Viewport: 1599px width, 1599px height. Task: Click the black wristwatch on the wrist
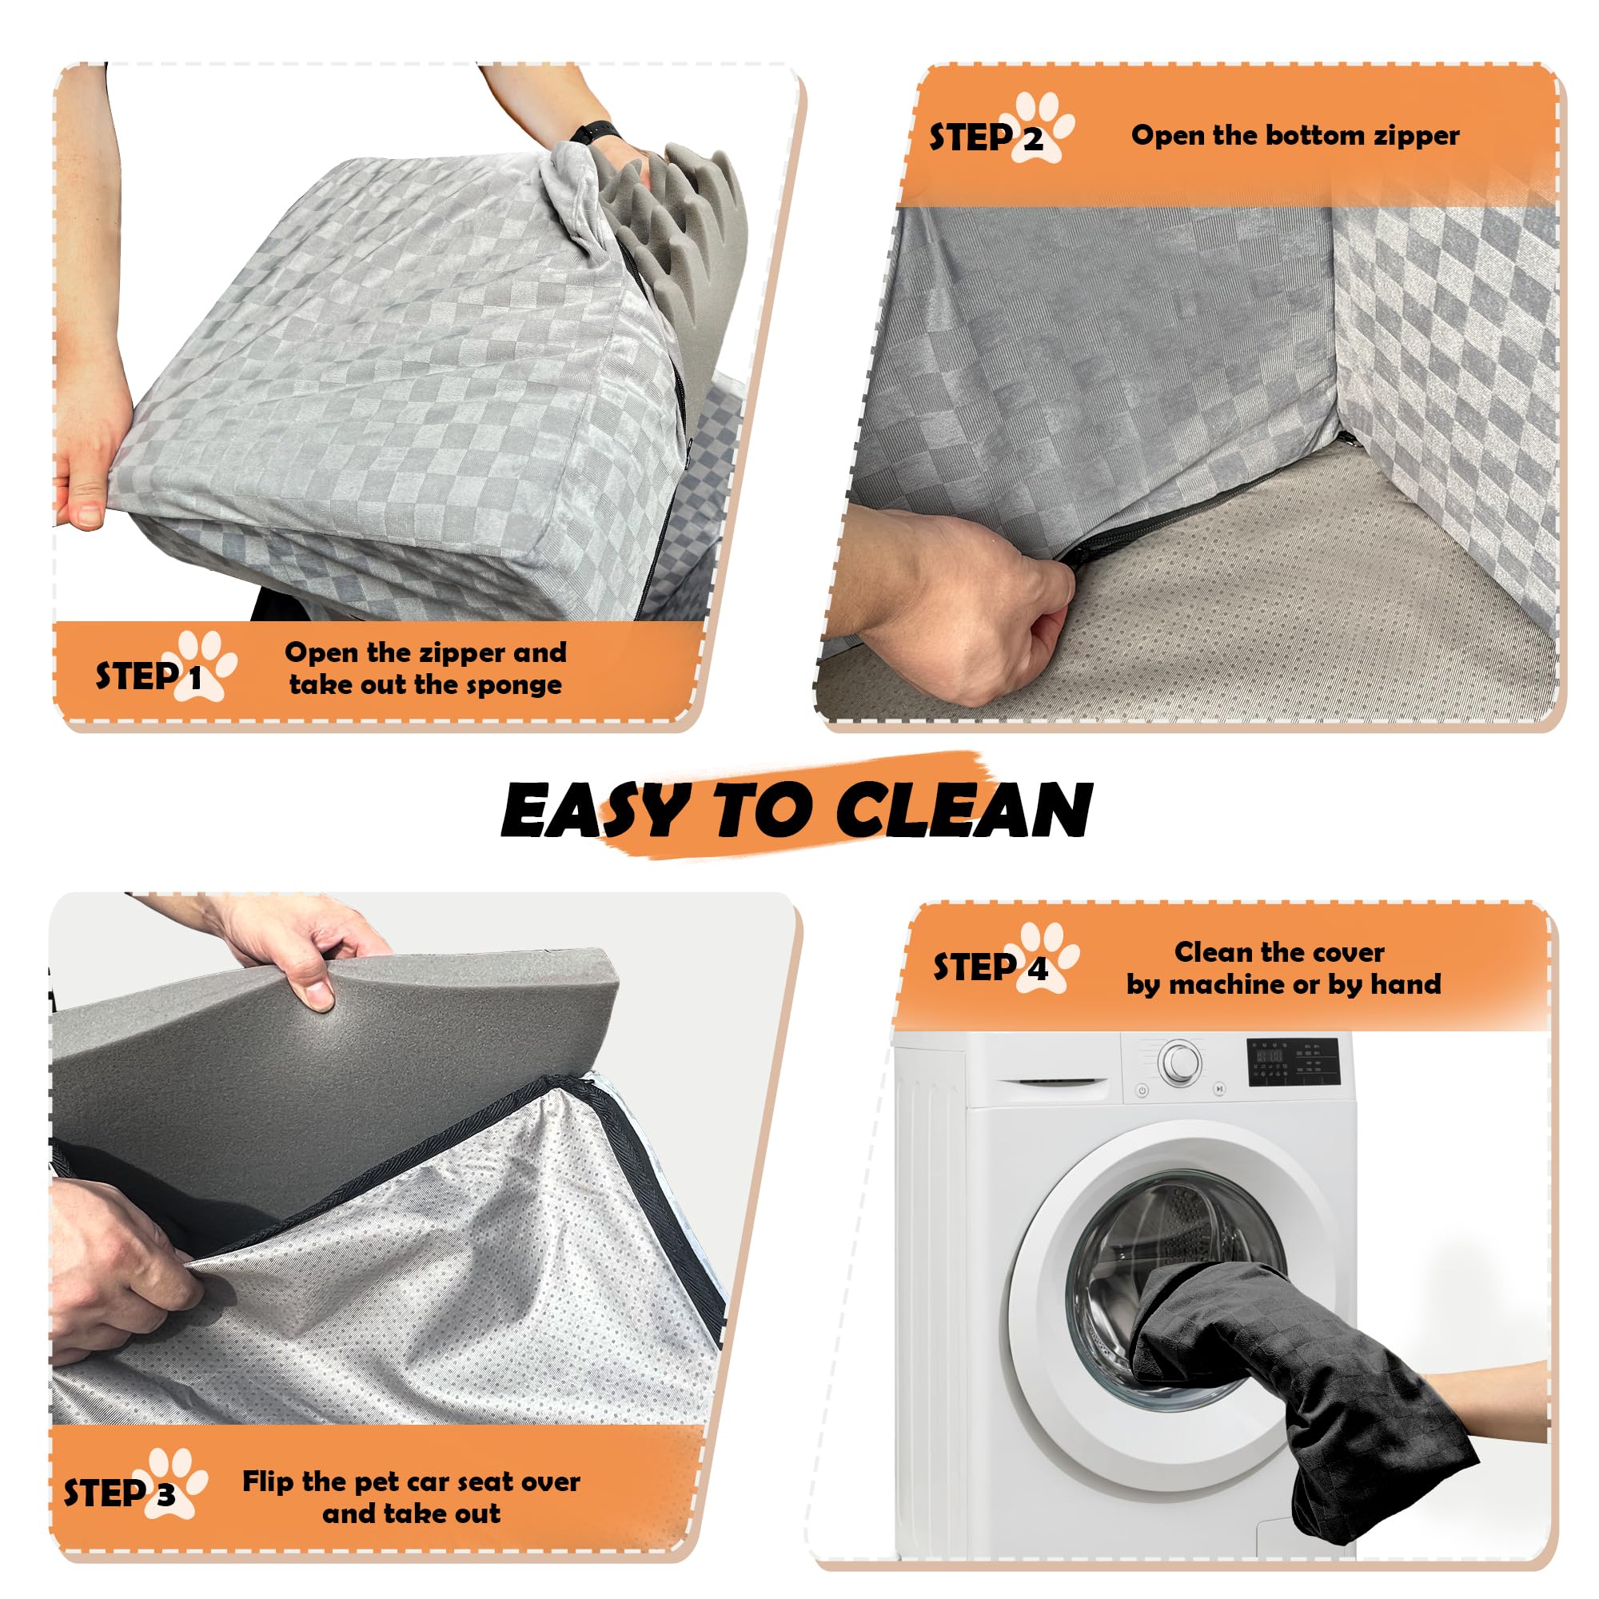(594, 131)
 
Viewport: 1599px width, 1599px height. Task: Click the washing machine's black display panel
(1293, 1060)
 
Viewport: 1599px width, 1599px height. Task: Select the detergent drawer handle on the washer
(1052, 1083)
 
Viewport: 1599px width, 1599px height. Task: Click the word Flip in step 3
(269, 1481)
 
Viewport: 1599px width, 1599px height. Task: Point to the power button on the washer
(1142, 1091)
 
